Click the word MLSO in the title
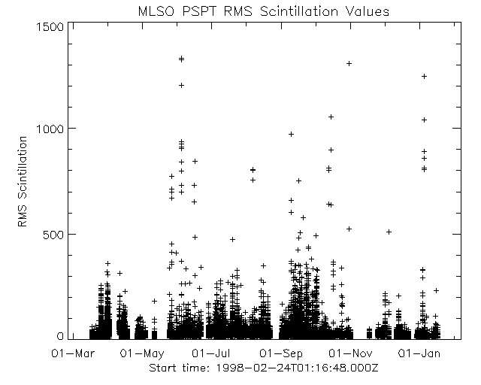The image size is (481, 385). [156, 12]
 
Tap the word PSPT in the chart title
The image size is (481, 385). [197, 12]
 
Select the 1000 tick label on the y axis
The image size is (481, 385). [50, 129]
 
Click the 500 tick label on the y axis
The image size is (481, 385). [53, 234]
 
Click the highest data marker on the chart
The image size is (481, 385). [181, 59]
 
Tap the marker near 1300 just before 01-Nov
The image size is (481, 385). [349, 63]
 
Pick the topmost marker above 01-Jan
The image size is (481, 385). [424, 76]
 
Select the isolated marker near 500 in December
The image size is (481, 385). [389, 232]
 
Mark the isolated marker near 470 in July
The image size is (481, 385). [232, 239]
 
